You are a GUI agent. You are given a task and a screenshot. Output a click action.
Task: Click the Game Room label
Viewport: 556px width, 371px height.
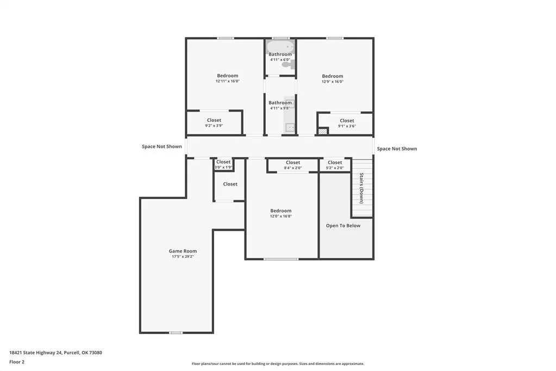tap(183, 251)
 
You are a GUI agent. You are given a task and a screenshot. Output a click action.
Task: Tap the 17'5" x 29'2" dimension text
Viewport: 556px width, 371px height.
tap(183, 256)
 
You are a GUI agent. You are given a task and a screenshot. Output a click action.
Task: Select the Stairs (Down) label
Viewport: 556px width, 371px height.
tap(361, 188)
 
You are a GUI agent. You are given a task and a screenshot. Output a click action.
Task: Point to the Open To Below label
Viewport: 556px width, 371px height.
tap(343, 225)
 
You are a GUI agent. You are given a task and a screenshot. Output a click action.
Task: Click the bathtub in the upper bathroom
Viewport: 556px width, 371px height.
tap(280, 47)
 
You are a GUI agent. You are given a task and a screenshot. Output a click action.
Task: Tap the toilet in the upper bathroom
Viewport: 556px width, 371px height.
tap(288, 64)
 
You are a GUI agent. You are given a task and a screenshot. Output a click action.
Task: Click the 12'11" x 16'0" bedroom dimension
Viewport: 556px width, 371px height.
tap(228, 81)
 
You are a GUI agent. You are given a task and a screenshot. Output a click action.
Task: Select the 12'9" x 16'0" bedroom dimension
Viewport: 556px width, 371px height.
tap(333, 81)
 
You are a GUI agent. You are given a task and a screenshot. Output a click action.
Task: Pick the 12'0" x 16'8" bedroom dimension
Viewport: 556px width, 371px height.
tap(281, 216)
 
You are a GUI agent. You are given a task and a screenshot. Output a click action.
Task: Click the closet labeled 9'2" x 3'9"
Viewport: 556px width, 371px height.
tap(214, 123)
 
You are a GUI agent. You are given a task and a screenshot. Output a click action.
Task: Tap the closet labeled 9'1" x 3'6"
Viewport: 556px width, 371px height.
tap(347, 123)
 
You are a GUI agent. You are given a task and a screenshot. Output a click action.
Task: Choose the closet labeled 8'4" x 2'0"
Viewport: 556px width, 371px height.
tap(293, 165)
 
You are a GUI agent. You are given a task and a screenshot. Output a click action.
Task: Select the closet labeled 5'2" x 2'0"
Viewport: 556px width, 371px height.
tap(335, 165)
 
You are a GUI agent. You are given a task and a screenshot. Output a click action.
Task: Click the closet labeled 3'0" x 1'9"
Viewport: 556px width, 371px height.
tap(223, 164)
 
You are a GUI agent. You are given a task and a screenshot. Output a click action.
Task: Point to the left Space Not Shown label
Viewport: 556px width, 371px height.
tap(162, 146)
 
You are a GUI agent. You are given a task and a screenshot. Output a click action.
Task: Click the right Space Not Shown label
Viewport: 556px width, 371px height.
tap(397, 149)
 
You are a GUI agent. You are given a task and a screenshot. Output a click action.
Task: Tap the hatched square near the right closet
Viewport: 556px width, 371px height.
tap(322, 131)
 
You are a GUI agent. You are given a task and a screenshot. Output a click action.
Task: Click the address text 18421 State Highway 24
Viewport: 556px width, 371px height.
tap(36, 353)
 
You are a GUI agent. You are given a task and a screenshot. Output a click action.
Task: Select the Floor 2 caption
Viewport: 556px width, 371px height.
tap(17, 362)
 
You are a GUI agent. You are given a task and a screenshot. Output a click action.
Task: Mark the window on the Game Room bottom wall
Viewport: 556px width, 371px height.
tap(176, 333)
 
